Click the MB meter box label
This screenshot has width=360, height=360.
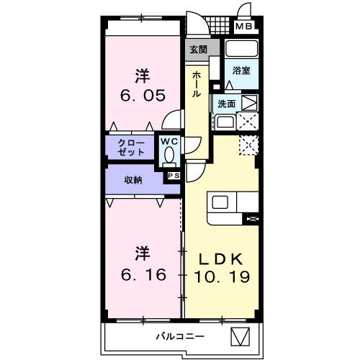246,28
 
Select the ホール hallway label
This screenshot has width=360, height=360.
197,85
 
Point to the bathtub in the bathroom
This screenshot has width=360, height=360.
241,50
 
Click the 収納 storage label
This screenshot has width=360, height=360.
132,180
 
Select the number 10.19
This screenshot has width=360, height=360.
221,276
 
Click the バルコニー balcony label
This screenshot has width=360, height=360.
181,336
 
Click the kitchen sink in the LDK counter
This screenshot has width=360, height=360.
219,202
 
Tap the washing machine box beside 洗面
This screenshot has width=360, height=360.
248,103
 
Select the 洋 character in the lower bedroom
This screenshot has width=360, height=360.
143,253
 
